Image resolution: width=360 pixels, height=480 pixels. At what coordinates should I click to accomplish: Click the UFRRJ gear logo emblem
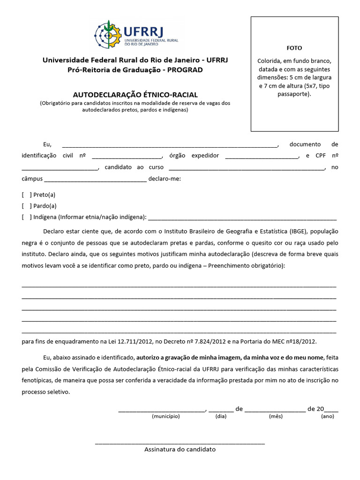(108, 35)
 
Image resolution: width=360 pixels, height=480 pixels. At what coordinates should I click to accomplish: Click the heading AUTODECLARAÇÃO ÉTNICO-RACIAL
(135, 95)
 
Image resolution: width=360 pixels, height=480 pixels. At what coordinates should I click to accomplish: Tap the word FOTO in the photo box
(294, 48)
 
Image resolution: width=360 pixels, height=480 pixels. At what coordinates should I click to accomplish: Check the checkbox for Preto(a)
(27, 195)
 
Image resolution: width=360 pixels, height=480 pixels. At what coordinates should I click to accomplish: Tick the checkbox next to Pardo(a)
(27, 206)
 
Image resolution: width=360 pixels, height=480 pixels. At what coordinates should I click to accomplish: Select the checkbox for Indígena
(27, 217)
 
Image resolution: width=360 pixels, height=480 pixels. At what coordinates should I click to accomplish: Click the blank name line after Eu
(170, 145)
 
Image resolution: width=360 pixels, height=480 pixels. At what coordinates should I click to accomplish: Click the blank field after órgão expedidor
(262, 156)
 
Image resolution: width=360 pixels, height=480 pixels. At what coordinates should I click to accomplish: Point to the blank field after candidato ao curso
(246, 167)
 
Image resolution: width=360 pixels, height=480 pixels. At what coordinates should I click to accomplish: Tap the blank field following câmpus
(95, 179)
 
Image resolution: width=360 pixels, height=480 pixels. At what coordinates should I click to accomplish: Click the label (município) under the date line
(165, 416)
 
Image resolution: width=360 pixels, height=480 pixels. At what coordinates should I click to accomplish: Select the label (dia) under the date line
(220, 416)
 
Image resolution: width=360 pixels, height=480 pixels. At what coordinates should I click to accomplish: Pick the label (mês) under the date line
(276, 416)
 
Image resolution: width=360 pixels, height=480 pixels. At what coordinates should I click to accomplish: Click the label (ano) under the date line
(327, 416)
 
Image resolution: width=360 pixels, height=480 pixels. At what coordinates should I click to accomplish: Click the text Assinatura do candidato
(180, 449)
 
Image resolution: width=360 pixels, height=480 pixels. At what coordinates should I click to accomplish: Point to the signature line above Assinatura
(180, 442)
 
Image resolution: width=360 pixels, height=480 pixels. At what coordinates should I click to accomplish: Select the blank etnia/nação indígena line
(242, 218)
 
